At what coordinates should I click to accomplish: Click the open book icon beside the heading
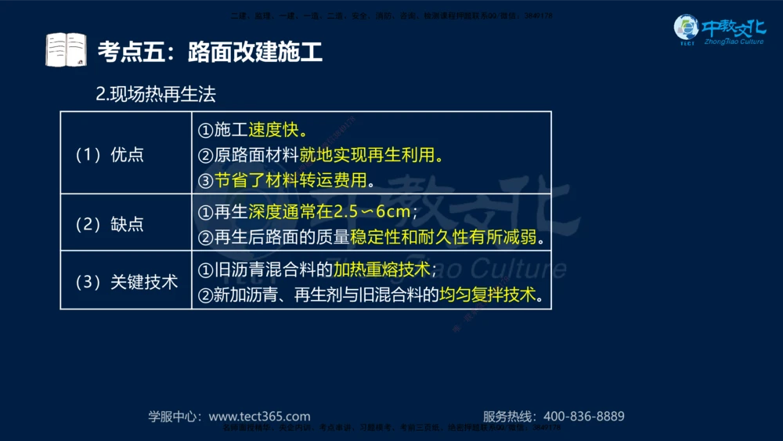point(65,50)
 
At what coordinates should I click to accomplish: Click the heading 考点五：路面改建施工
point(210,52)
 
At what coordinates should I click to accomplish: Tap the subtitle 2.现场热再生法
point(155,95)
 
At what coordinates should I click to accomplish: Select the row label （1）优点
point(110,154)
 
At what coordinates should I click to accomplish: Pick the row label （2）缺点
point(110,224)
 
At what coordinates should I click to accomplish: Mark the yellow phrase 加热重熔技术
point(382,269)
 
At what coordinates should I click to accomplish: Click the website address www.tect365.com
point(260,417)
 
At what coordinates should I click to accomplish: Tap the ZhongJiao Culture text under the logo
point(734,42)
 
